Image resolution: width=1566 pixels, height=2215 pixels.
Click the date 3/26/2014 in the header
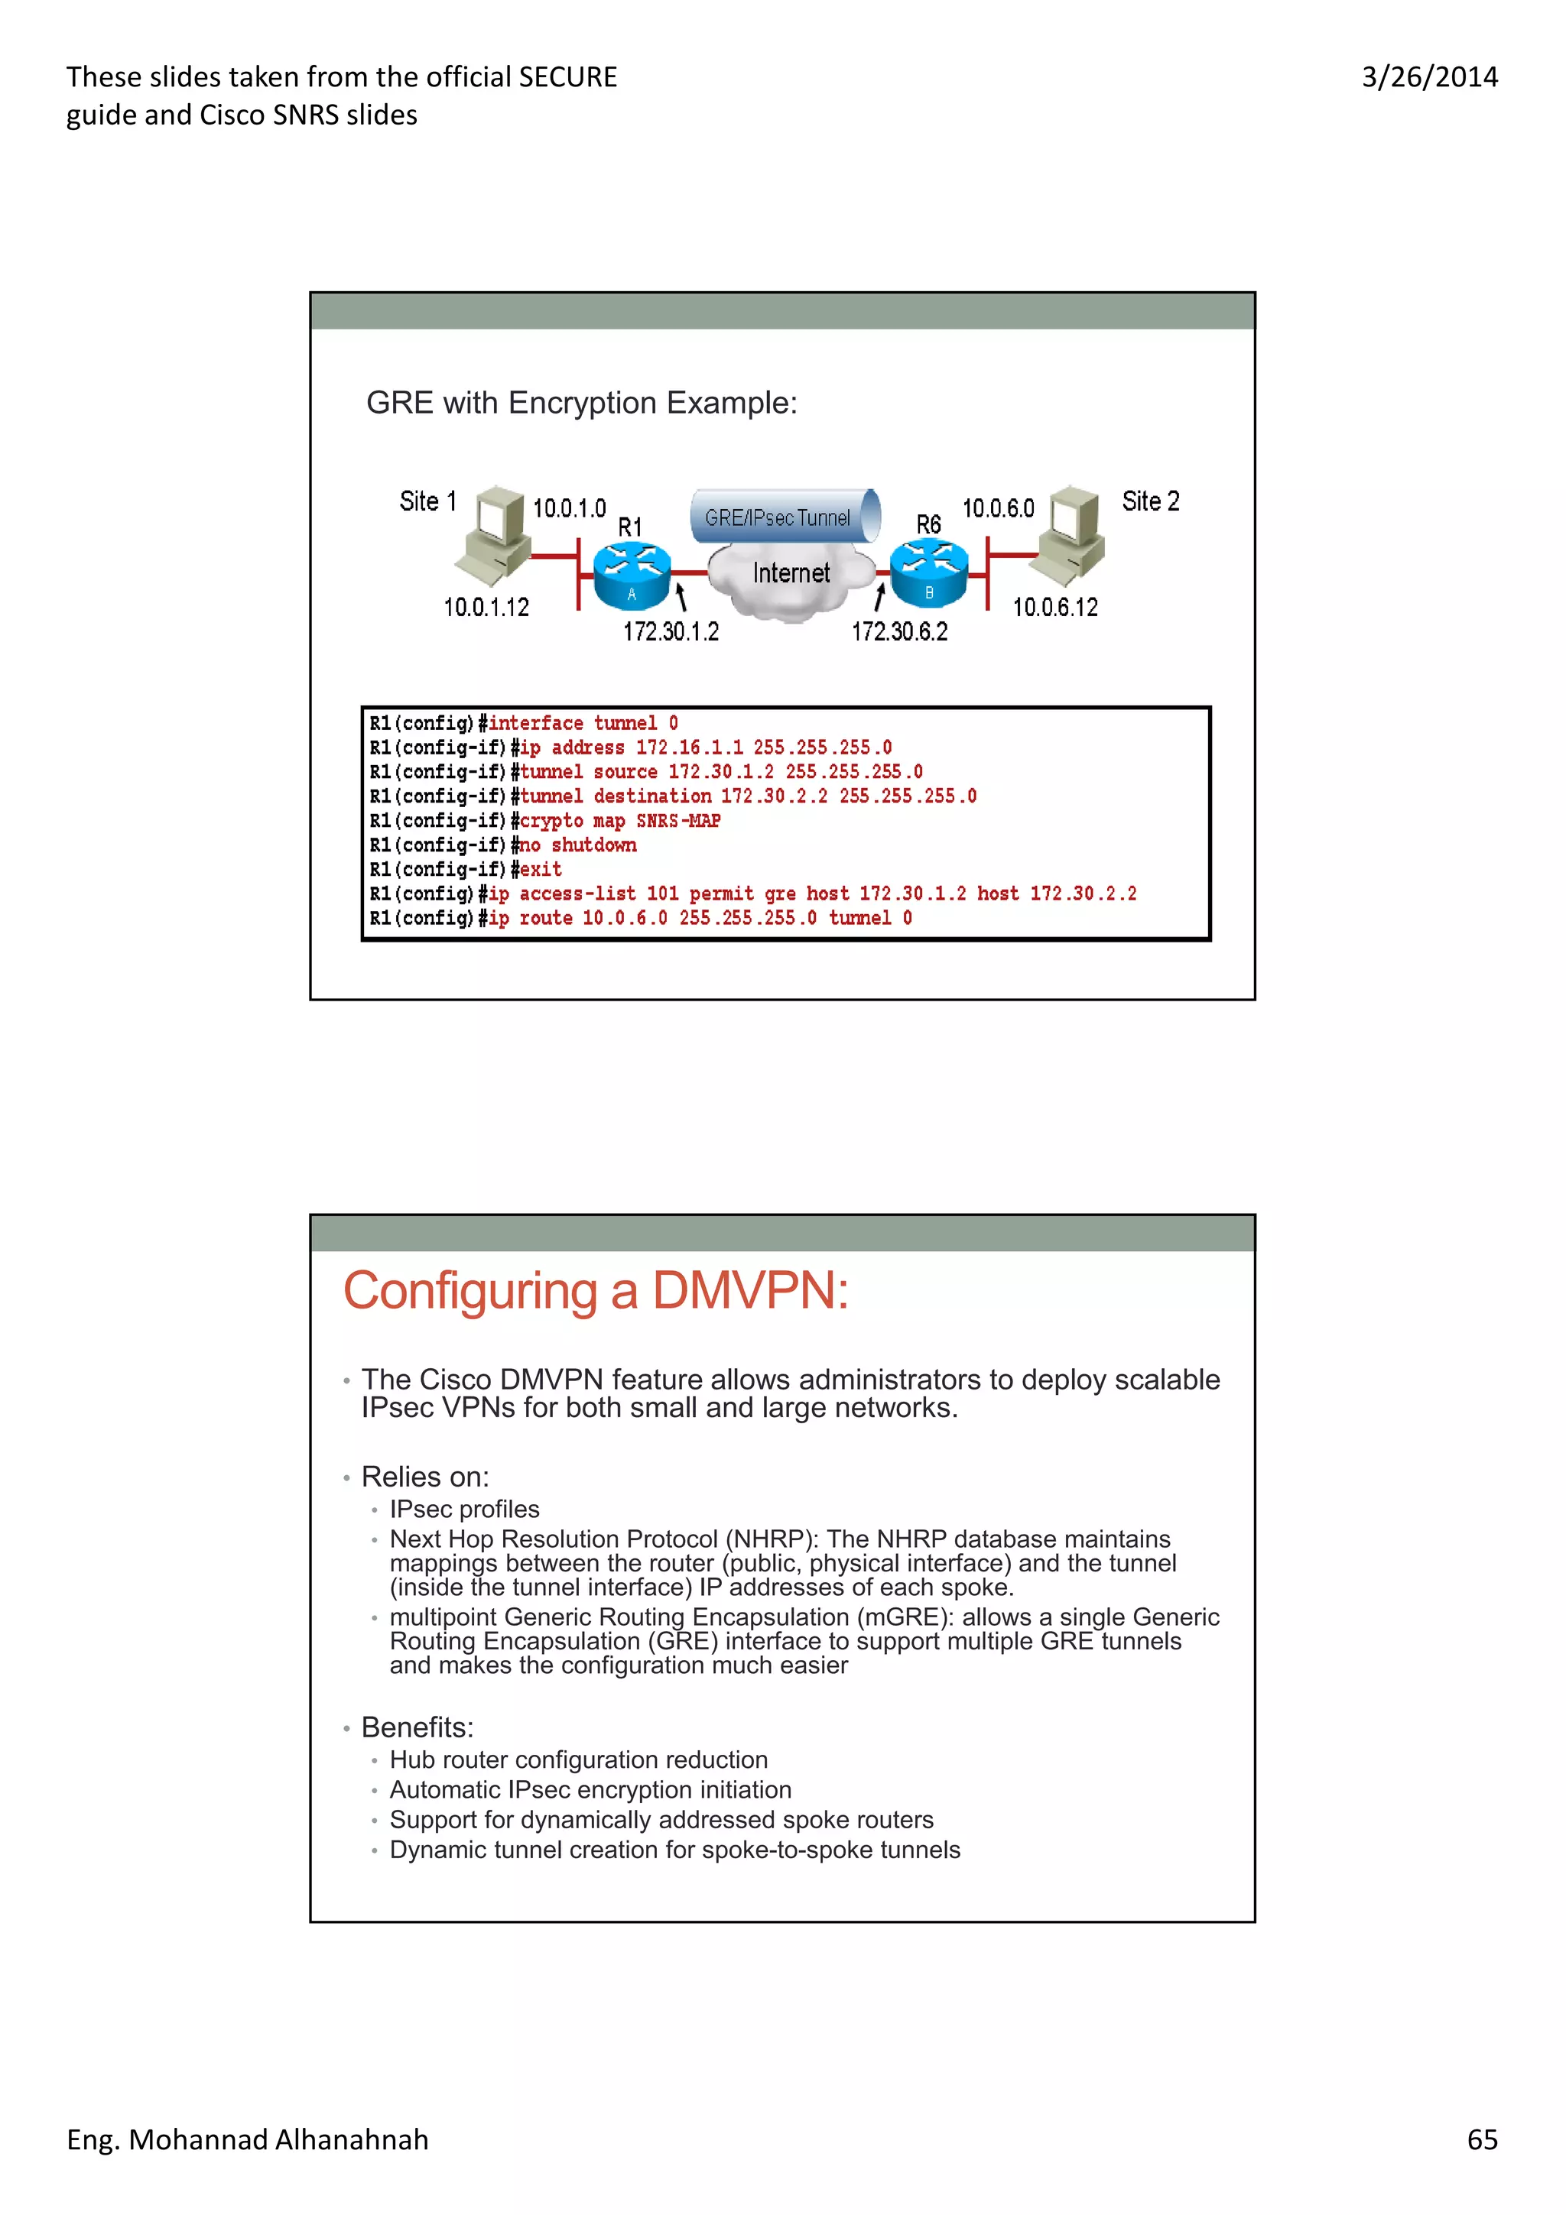point(1429,77)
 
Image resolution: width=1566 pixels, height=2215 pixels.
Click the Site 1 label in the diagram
point(427,501)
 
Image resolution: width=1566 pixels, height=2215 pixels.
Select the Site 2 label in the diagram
point(1150,501)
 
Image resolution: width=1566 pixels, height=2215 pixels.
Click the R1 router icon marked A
point(632,574)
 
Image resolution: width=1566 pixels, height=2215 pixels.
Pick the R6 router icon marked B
point(928,573)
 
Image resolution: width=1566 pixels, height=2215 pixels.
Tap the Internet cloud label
point(791,573)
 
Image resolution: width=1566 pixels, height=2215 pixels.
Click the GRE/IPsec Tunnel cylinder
point(784,517)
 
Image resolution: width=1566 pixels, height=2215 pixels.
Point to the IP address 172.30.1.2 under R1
point(671,632)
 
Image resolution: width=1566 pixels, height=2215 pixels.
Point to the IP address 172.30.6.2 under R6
point(899,632)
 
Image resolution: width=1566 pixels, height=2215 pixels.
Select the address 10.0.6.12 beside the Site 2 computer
point(1054,607)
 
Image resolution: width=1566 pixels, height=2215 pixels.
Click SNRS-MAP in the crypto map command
point(678,821)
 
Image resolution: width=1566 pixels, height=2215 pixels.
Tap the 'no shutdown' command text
point(578,845)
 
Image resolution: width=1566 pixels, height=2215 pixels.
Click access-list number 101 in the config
point(662,893)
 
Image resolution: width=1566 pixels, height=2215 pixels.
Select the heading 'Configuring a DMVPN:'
point(596,1291)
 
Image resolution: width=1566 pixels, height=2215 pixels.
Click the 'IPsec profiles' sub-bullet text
point(464,1509)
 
